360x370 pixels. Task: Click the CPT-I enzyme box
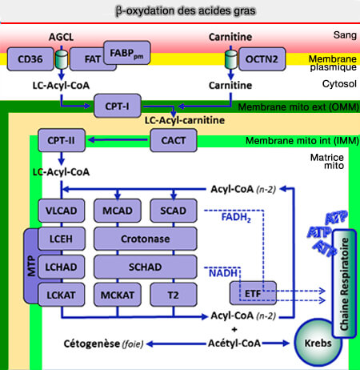point(117,105)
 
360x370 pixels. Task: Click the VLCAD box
point(61,210)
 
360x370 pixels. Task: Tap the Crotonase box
point(145,238)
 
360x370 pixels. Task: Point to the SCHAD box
point(145,265)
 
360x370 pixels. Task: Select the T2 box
point(174,293)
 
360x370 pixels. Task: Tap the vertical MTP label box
point(30,265)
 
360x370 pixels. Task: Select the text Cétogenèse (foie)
point(102,344)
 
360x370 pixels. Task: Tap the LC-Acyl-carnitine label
point(183,120)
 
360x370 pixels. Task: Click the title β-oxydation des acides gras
point(180,11)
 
